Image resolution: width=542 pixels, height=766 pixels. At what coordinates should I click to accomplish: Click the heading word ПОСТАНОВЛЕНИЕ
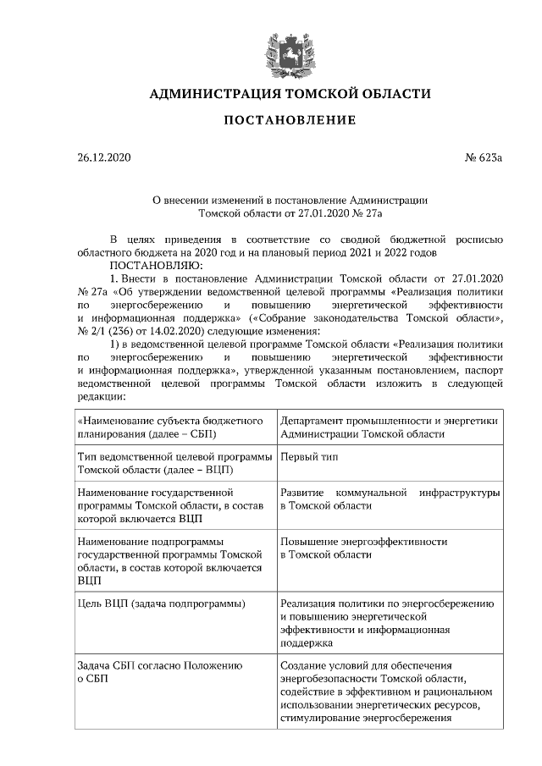coord(289,120)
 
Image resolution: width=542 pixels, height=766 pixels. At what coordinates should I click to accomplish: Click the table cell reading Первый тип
coord(306,457)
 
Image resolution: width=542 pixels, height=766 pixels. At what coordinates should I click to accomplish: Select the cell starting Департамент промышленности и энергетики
coord(388,427)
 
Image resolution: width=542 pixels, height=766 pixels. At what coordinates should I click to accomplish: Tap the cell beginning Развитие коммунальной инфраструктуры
coord(388,499)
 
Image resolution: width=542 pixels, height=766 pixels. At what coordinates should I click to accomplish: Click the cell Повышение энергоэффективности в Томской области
coord(364,548)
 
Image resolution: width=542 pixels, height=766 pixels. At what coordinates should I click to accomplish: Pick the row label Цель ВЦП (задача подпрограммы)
coord(161,603)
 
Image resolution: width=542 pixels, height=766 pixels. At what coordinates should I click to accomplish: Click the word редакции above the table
coord(101,396)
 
